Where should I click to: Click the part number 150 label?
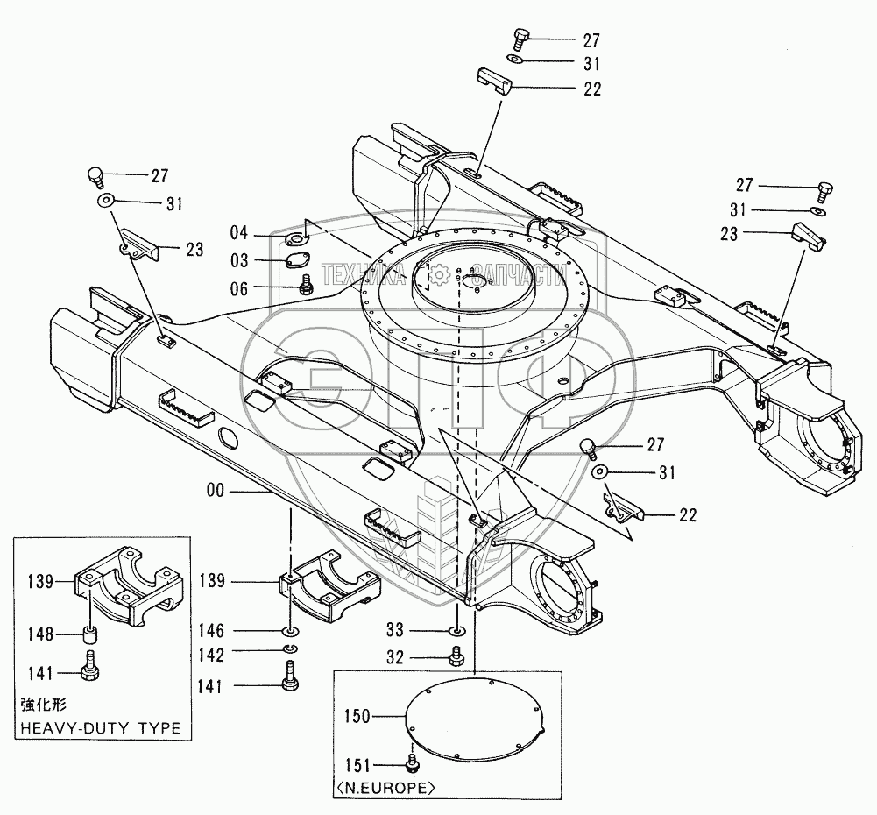(357, 716)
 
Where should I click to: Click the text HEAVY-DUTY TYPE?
(101, 728)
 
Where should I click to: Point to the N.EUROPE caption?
(385, 789)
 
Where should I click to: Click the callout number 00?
(216, 491)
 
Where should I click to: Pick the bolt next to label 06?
(306, 284)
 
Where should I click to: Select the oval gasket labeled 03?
(296, 260)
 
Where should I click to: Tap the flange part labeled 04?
(296, 239)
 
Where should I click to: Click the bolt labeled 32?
(456, 656)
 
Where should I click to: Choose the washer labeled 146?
(291, 632)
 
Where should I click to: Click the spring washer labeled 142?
(291, 648)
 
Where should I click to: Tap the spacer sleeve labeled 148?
(90, 635)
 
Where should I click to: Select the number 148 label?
(41, 634)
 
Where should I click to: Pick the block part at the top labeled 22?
(494, 81)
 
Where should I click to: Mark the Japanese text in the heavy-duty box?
(44, 705)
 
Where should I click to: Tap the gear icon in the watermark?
(441, 274)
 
